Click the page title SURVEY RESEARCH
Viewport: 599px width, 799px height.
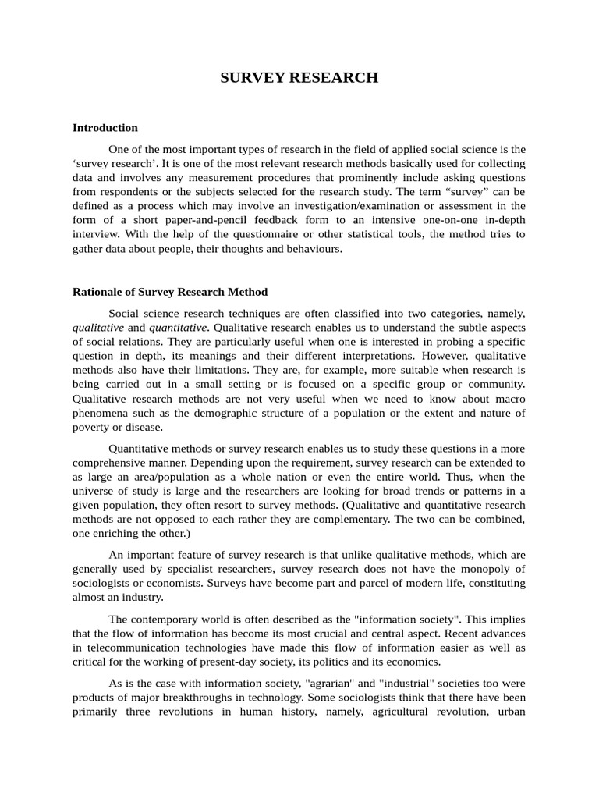(299, 77)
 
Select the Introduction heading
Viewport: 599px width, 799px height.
(105, 127)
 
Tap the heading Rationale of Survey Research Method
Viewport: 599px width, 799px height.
(169, 292)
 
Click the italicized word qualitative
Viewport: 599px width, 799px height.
(97, 328)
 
